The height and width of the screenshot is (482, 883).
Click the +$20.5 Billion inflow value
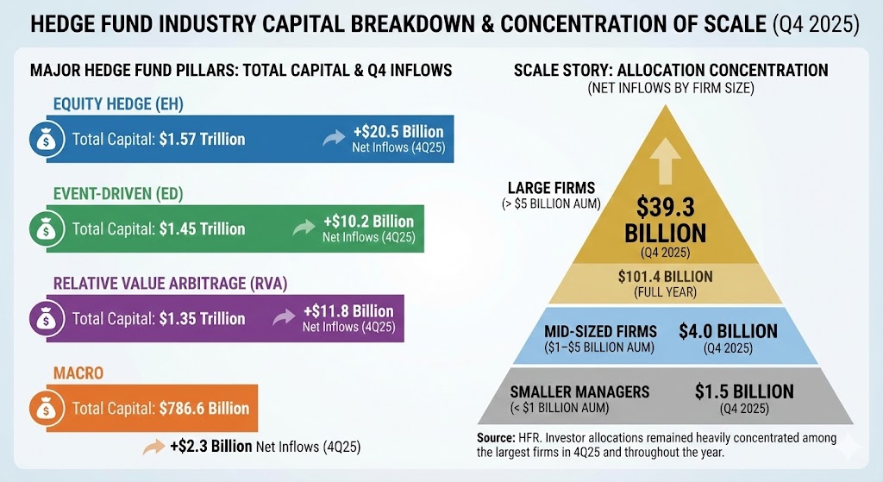click(x=398, y=132)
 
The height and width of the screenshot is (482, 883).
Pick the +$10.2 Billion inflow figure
click(x=368, y=222)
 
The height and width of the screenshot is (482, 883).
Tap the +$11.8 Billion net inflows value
click(x=348, y=311)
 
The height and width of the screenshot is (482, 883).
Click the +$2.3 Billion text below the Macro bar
click(x=210, y=447)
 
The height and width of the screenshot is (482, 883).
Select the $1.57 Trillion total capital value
click(x=202, y=139)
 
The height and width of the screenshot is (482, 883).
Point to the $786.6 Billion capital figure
click(x=204, y=408)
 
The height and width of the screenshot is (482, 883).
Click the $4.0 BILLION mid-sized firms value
click(x=728, y=331)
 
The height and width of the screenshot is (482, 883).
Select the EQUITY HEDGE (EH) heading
click(x=118, y=104)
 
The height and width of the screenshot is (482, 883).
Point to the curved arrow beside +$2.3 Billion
click(x=154, y=447)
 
